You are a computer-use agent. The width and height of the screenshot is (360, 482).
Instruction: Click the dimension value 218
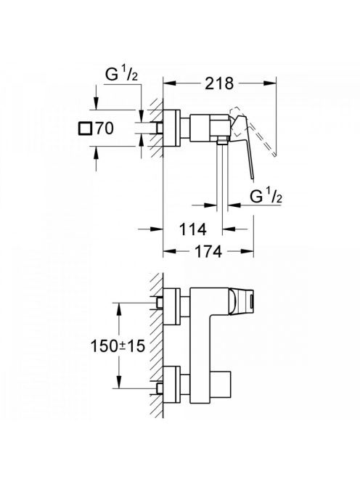click(x=219, y=83)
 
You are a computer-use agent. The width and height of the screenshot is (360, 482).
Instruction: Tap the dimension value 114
click(x=192, y=229)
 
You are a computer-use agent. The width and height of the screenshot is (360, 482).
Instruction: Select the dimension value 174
click(x=209, y=252)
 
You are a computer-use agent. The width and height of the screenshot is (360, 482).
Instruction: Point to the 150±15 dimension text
click(x=118, y=346)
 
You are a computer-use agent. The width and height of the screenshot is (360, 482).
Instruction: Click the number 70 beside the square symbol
click(x=104, y=128)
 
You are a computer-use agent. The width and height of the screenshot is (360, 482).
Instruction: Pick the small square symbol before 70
click(x=85, y=128)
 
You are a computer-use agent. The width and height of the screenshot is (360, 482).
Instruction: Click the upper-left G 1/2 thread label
click(x=121, y=74)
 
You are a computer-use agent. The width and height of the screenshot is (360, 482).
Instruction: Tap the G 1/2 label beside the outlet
click(x=266, y=196)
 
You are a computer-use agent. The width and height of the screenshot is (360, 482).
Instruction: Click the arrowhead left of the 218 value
click(x=169, y=83)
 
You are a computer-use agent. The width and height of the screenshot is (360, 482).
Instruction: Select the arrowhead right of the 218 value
click(x=269, y=83)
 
